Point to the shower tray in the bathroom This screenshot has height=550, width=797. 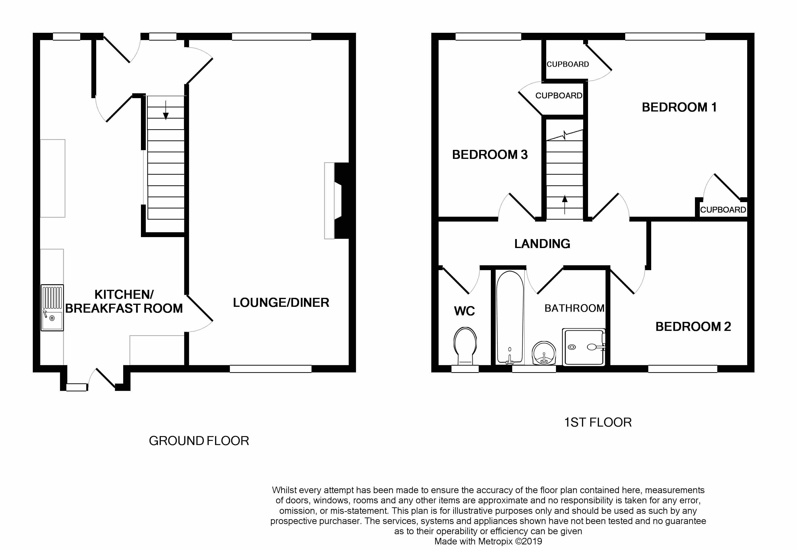point(584,347)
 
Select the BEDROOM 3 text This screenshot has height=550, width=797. point(490,155)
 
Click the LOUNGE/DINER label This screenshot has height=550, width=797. point(281,302)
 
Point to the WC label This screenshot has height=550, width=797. point(464,311)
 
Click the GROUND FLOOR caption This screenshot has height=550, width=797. point(199,441)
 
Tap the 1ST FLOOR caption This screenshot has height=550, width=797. point(598,422)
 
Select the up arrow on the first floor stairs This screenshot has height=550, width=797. point(565,205)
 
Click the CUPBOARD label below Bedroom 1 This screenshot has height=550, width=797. point(723,209)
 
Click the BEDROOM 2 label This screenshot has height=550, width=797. point(693,326)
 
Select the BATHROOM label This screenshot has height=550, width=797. point(574,308)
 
